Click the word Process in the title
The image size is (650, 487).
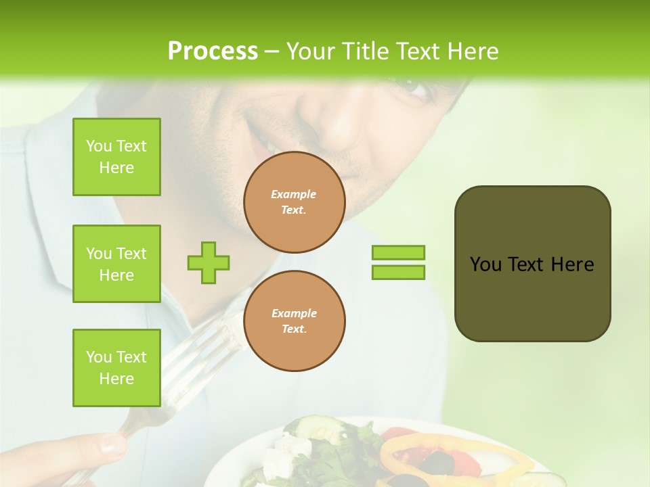coord(213,51)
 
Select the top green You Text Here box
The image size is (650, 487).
coord(116,157)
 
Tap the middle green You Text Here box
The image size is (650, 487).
coord(116,264)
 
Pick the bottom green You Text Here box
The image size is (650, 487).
coord(116,367)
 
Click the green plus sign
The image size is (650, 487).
coord(209,262)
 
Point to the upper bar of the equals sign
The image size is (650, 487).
coord(398,252)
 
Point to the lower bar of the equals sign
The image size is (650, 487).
coord(398,273)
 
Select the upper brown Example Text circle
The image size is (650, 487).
coord(294,202)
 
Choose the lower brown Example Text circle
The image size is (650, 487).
coord(294,321)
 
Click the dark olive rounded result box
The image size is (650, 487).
coord(532,264)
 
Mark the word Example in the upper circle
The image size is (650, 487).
coord(294,194)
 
